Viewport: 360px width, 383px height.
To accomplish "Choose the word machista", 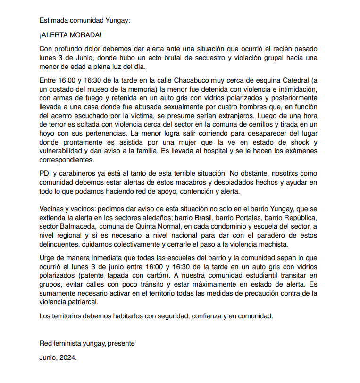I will tap(272, 246).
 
